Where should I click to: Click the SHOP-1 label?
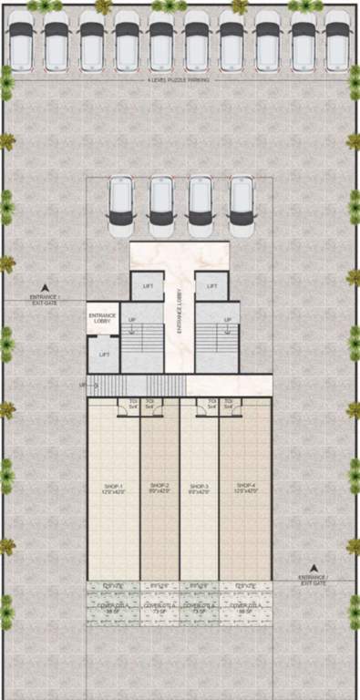click(x=113, y=487)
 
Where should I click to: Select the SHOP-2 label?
click(x=159, y=487)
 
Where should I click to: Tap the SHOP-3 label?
click(x=199, y=487)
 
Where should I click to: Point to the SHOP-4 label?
click(x=245, y=487)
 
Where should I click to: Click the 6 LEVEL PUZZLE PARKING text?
click(x=179, y=80)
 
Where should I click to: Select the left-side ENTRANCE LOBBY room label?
click(x=102, y=318)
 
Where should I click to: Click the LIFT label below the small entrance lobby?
click(x=105, y=354)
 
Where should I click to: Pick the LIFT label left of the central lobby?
click(x=148, y=285)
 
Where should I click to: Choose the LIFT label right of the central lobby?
click(x=212, y=285)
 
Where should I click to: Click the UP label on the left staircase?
click(x=132, y=320)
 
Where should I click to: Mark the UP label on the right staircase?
click(x=228, y=320)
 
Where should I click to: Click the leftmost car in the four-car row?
click(x=120, y=201)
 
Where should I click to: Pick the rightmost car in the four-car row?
click(x=241, y=201)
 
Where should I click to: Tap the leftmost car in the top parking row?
click(x=22, y=40)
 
